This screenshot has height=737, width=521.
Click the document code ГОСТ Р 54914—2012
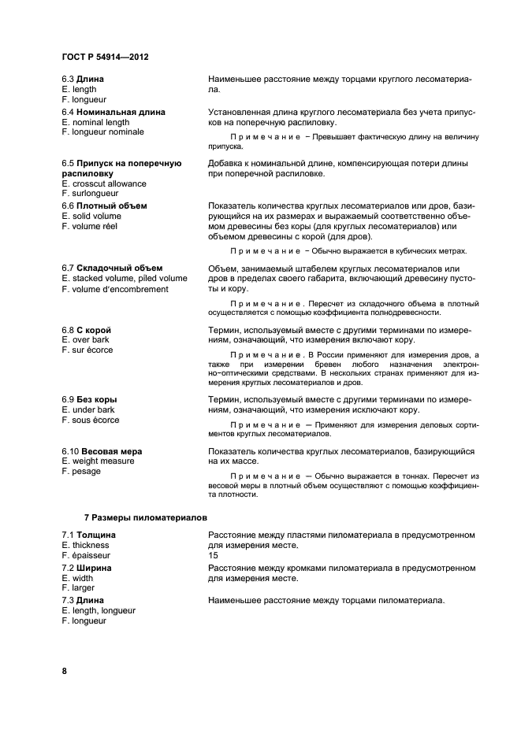pos(105,57)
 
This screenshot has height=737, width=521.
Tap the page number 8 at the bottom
pos(64,671)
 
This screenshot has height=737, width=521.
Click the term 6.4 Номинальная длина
pos(114,113)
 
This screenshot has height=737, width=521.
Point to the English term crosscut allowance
pos(109,183)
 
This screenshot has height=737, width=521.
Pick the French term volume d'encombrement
pos(119,289)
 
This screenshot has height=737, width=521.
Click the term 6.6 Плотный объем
pos(104,206)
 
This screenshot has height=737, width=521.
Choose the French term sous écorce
pos(95,420)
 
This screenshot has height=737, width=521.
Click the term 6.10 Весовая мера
pos(102,451)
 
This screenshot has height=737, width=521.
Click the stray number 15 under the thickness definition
pos(213,555)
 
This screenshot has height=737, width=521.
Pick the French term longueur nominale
pos(107,132)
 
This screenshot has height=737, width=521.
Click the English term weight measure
pos(102,461)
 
